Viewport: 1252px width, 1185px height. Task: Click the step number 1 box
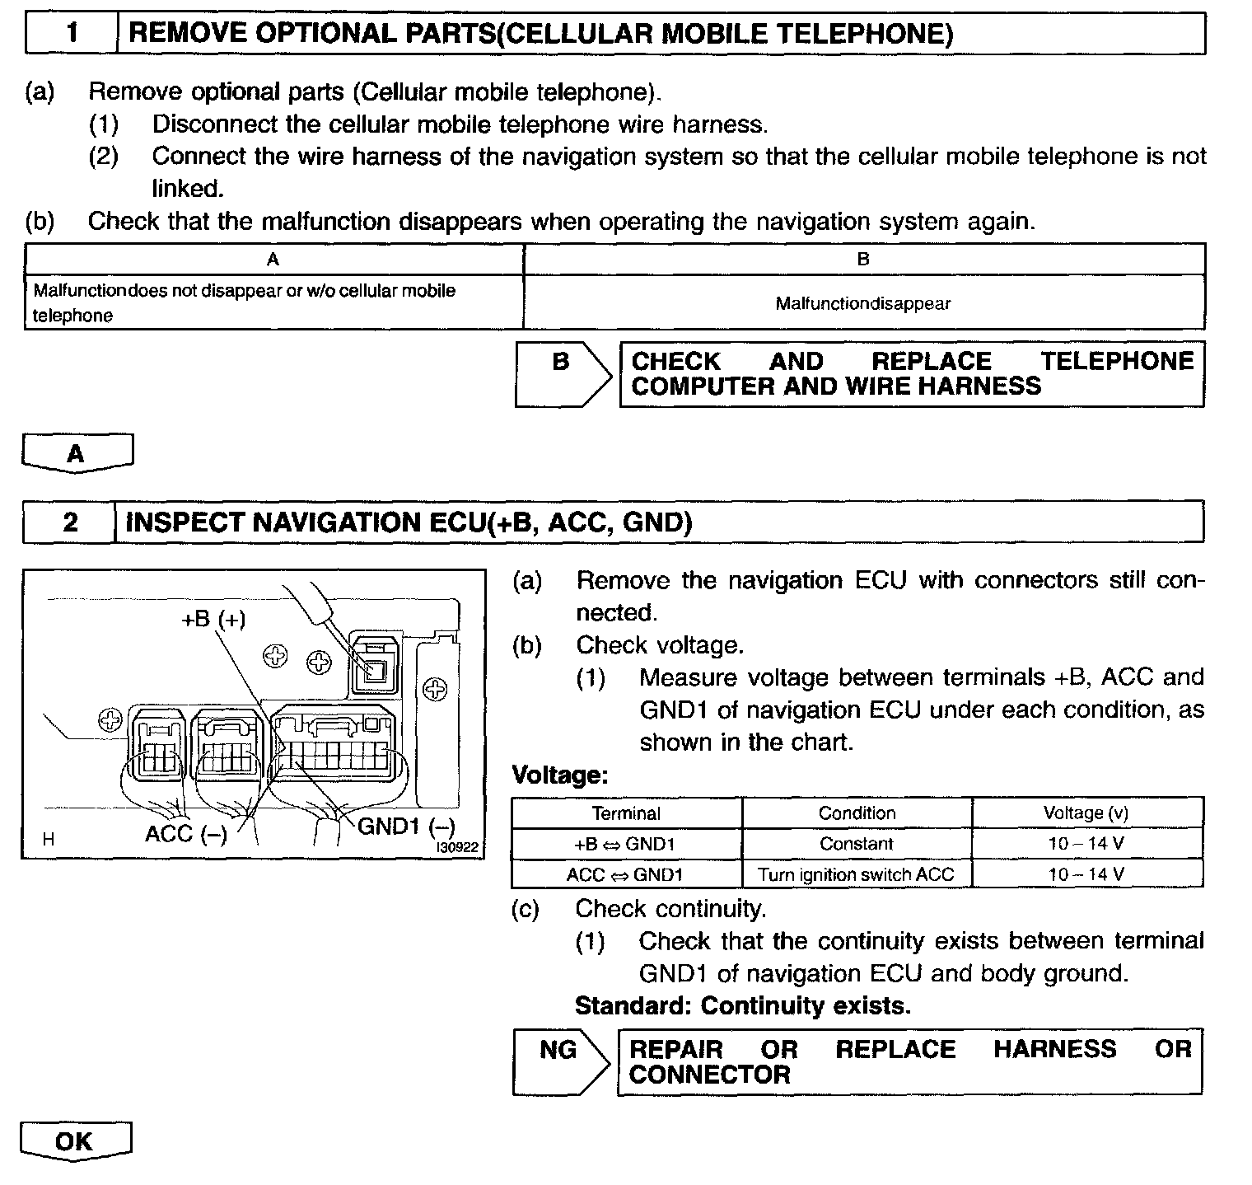pyautogui.click(x=72, y=34)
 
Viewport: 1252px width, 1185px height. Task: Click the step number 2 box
pyautogui.click(x=70, y=522)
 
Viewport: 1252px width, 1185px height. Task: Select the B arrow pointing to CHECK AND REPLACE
pyautogui.click(x=563, y=373)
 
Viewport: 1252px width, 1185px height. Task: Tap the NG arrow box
pyautogui.click(x=559, y=1061)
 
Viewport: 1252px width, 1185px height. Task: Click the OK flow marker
pyautogui.click(x=75, y=1141)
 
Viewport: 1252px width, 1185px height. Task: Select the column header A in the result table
pyautogui.click(x=273, y=260)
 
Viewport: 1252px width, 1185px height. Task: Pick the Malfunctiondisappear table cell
pyautogui.click(x=863, y=303)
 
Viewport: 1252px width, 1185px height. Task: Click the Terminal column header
pyautogui.click(x=626, y=813)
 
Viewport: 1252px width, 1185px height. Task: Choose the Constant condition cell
pyautogui.click(x=857, y=844)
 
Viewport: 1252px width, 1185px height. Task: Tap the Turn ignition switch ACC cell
pyautogui.click(x=857, y=874)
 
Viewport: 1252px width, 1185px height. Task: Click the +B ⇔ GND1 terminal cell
pyautogui.click(x=626, y=844)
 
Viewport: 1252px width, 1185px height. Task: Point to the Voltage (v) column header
pyautogui.click(x=1086, y=813)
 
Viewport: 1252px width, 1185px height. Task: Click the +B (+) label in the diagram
pyautogui.click(x=213, y=619)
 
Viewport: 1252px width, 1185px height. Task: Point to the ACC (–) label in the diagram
pyautogui.click(x=185, y=834)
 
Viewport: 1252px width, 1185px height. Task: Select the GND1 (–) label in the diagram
pyautogui.click(x=406, y=827)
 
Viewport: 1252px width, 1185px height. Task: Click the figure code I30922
pyautogui.click(x=457, y=847)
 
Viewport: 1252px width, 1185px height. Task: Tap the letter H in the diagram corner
pyautogui.click(x=49, y=840)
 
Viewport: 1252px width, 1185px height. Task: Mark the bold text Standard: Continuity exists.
pyautogui.click(x=743, y=1005)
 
